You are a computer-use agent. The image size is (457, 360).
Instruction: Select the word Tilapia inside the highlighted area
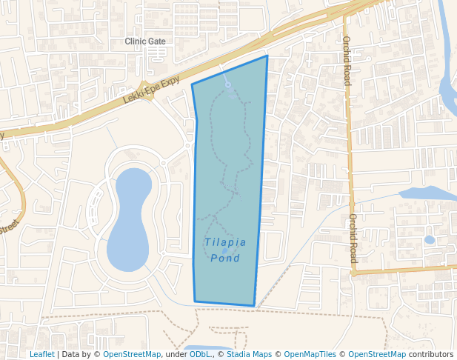coord(225,242)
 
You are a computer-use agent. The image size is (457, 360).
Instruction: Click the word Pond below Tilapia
coord(225,258)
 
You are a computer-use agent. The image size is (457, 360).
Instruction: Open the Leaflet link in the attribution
coord(42,355)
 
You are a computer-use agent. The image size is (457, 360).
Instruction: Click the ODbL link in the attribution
coord(200,355)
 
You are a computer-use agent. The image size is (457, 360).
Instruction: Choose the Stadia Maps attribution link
coord(249,355)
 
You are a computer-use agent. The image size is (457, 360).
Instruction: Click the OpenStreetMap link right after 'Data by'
coord(132,355)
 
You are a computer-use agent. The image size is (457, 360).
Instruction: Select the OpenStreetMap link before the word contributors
coord(377,355)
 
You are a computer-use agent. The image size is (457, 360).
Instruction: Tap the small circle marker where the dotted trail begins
coord(228,85)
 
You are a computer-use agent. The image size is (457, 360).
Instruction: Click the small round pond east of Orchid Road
coord(430,240)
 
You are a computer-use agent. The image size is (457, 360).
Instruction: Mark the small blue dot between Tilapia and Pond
coord(224,250)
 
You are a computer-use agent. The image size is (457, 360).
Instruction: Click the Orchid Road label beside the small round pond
coord(353,239)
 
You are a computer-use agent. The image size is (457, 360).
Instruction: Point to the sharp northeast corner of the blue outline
coord(267,56)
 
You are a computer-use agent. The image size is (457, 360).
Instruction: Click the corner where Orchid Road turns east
coord(354,273)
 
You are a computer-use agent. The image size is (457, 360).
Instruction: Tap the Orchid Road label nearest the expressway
coord(346,61)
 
